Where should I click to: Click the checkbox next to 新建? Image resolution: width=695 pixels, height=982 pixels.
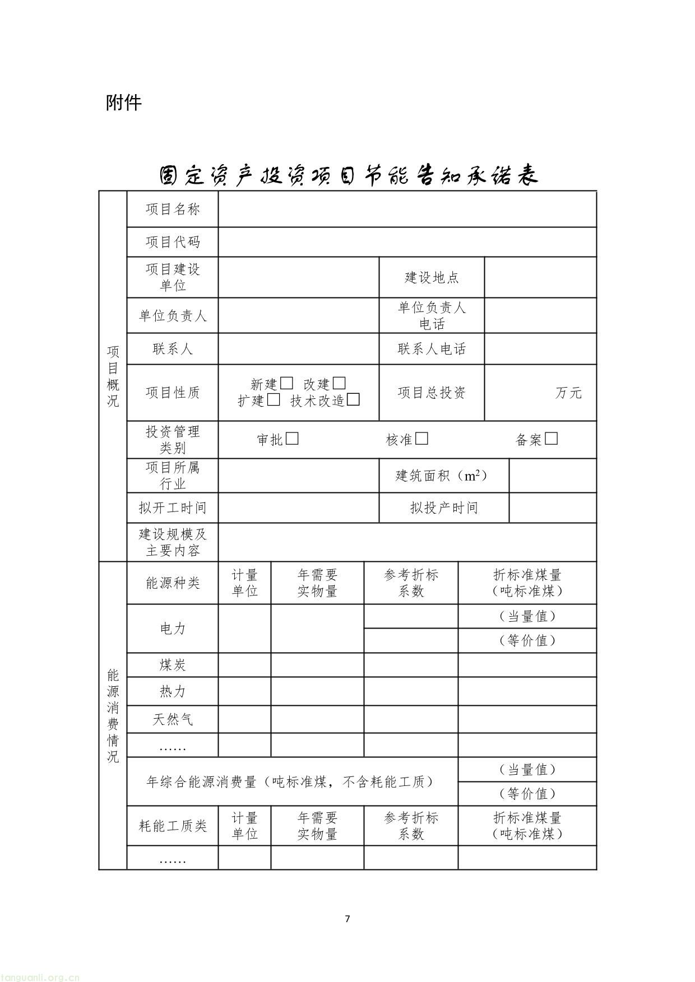click(286, 384)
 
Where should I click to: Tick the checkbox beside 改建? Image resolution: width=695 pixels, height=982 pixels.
click(339, 384)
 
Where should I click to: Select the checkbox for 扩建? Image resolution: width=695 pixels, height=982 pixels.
click(274, 400)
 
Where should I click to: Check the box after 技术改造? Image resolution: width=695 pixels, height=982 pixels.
click(353, 400)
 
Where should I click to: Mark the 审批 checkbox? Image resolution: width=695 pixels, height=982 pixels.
click(292, 439)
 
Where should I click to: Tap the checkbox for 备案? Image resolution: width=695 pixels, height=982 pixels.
click(552, 439)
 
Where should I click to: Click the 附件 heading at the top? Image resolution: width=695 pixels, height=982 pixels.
click(124, 103)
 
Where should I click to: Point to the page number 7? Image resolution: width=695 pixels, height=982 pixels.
click(347, 919)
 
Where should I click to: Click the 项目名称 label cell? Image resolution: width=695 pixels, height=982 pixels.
click(173, 210)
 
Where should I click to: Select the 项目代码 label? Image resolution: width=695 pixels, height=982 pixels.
click(173, 242)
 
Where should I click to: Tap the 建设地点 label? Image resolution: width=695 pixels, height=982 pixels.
click(432, 277)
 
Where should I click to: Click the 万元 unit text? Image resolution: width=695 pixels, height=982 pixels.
click(568, 393)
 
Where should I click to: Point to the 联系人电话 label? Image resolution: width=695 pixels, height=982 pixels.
click(432, 349)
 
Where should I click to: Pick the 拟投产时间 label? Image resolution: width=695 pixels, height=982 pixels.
click(444, 508)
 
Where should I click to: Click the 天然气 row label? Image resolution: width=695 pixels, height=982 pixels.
click(173, 719)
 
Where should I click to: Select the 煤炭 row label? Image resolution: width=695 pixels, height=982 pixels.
click(173, 665)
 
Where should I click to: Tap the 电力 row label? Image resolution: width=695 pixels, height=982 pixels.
click(173, 629)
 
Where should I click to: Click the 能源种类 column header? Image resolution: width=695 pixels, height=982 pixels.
click(173, 583)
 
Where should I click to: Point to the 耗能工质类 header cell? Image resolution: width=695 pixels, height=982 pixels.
click(173, 826)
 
